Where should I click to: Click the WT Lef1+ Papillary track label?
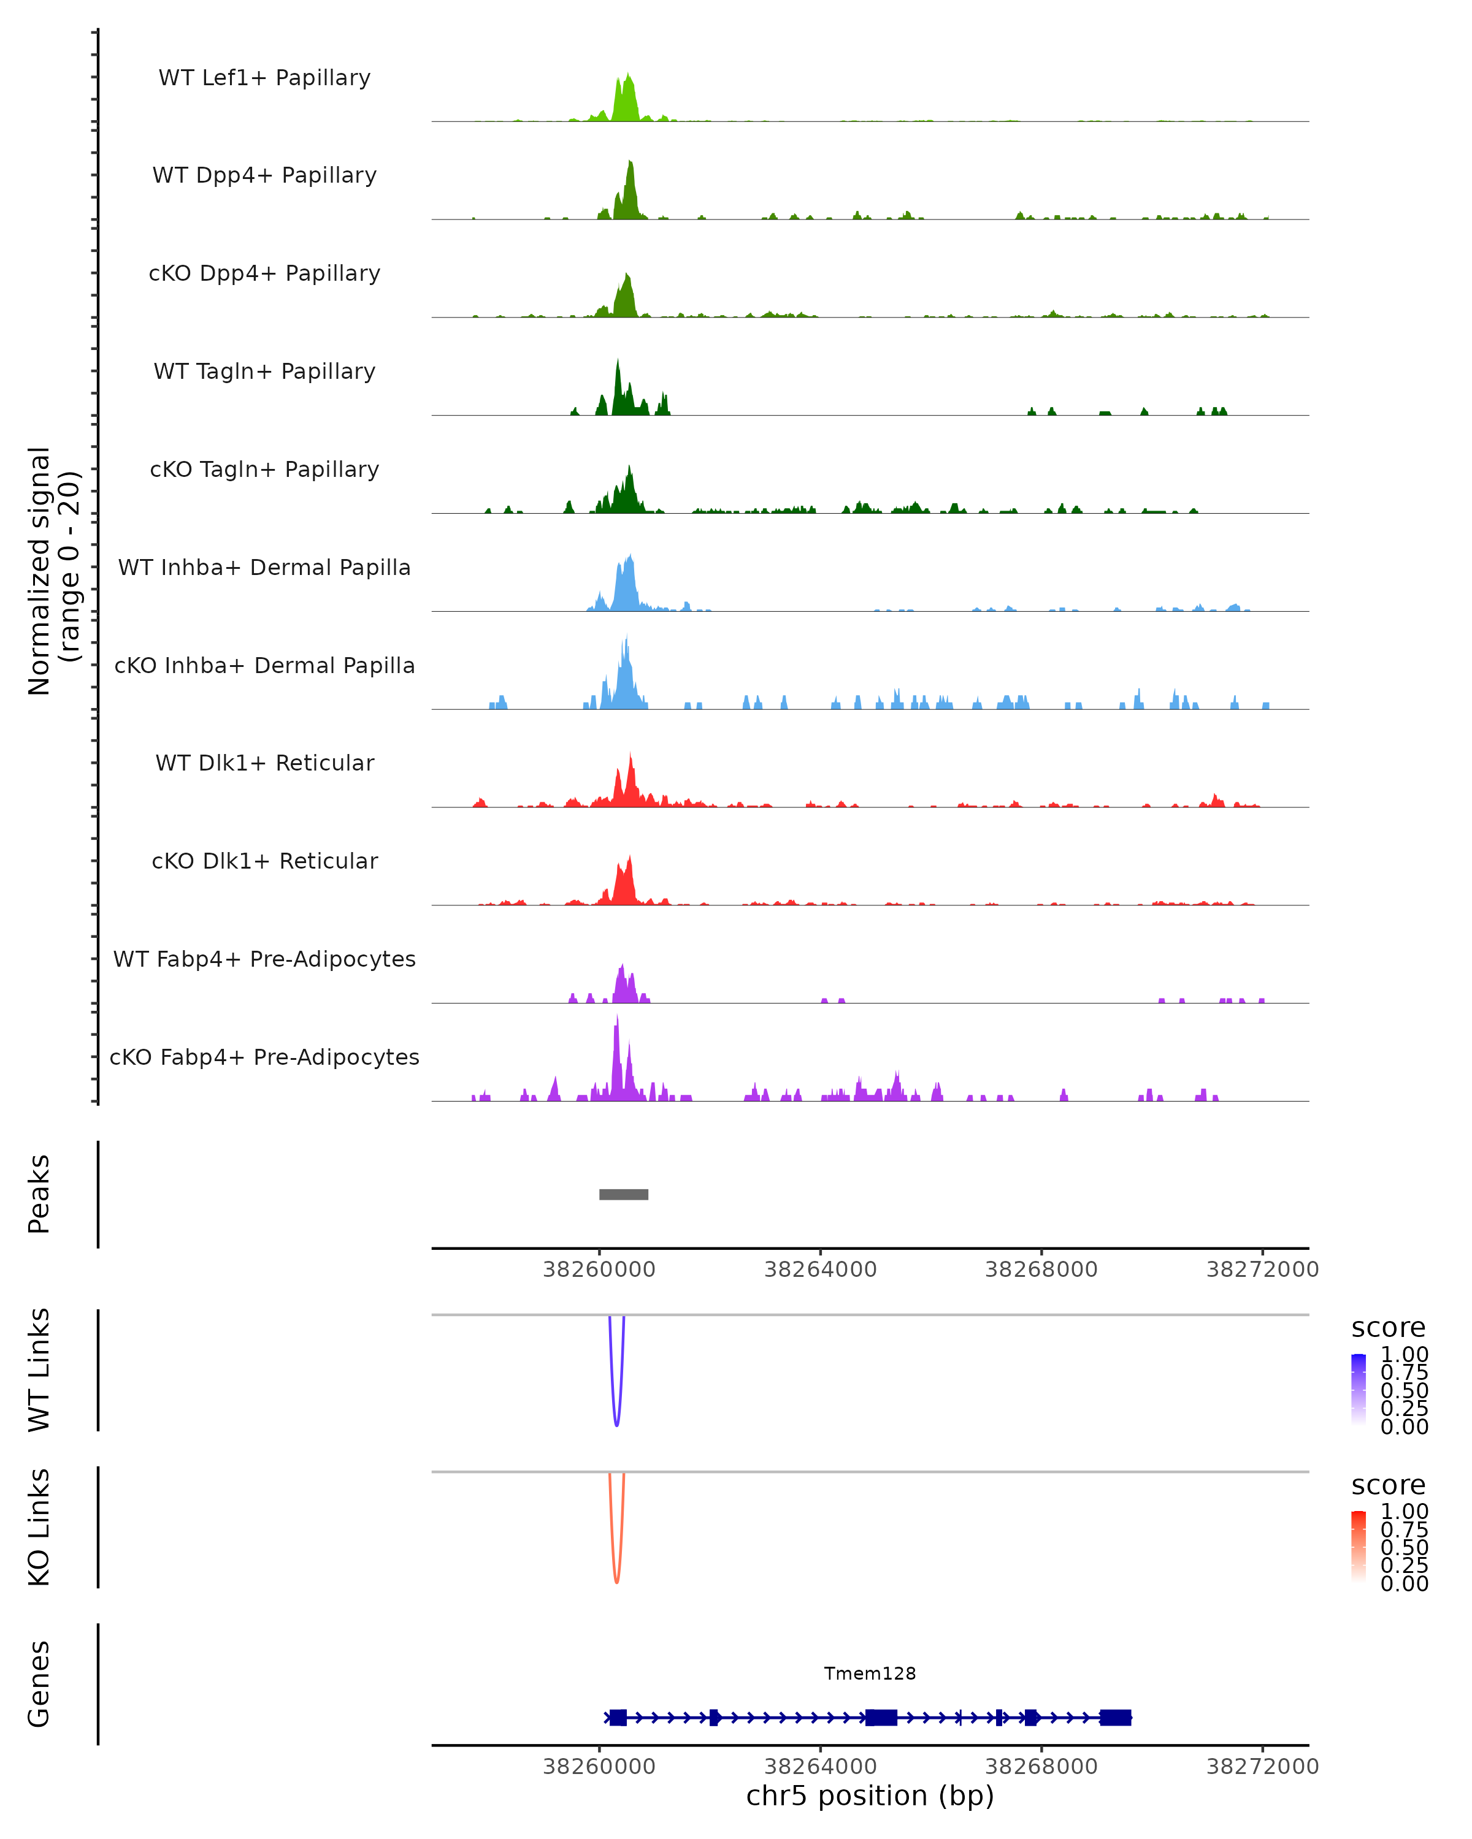[x=264, y=78]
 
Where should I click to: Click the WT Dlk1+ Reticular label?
[x=264, y=763]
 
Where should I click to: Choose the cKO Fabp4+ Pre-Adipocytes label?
[x=264, y=1057]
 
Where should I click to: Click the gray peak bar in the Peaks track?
[x=624, y=1194]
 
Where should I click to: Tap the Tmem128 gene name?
[x=870, y=1673]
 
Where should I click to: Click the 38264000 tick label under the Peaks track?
[x=820, y=1270]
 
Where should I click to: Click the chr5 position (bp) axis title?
[x=870, y=1795]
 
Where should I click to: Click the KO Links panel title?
[x=39, y=1527]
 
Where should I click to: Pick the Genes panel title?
[x=39, y=1684]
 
